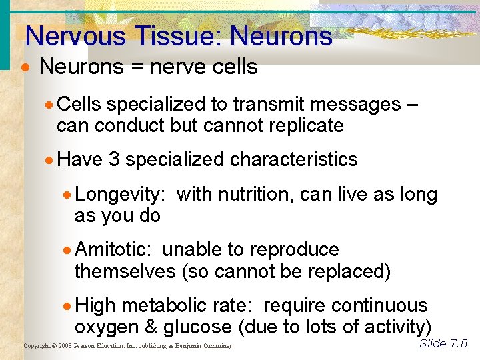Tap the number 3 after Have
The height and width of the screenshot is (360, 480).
[113, 160]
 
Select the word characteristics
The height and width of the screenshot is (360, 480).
[293, 160]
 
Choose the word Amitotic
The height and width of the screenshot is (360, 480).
[114, 250]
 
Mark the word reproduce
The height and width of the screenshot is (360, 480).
[294, 250]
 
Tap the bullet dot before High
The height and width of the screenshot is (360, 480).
[67, 307]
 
